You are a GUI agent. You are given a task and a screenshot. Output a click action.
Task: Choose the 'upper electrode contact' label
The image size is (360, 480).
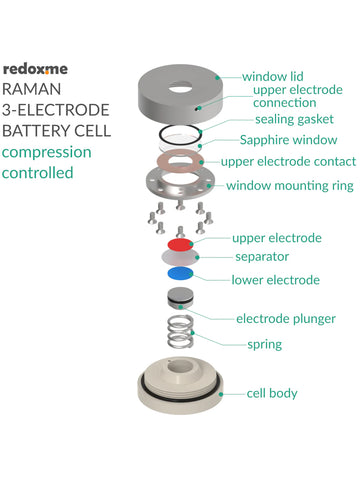coord(287,161)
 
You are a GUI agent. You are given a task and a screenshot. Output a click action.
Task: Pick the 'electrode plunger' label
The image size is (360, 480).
coord(285,319)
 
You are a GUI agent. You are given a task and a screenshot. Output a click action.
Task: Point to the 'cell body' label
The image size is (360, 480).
coord(272,393)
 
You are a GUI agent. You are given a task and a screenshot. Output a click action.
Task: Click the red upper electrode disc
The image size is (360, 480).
coord(180,243)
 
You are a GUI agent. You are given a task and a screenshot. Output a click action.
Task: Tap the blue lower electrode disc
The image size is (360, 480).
coord(180,272)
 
